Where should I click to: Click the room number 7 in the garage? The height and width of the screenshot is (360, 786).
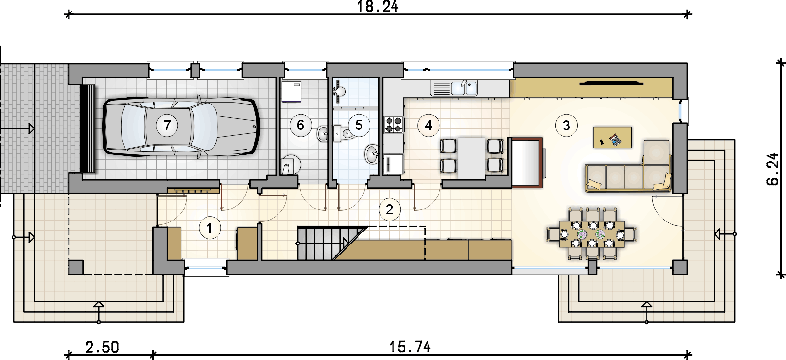pos(167,125)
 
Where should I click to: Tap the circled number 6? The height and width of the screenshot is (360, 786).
pos(301,125)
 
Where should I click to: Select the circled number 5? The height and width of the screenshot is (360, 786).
pos(358,125)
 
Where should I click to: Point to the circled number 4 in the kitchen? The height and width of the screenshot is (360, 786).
pos(428,125)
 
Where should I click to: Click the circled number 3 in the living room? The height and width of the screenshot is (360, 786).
pos(566,125)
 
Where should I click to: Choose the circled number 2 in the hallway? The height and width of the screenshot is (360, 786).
pos(390,209)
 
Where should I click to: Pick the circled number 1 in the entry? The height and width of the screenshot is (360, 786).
pos(210,228)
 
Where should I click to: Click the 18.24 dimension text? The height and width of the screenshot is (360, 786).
pos(378,6)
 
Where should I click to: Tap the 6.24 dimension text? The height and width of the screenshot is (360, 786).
pos(773,169)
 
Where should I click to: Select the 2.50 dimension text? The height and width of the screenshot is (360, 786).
pos(102,347)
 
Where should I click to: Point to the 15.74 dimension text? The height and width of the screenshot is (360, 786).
pos(409,347)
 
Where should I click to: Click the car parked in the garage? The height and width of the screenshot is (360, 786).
pos(181,126)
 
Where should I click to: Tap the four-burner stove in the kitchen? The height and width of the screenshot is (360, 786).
pos(393,125)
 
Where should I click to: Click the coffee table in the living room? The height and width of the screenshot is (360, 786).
pos(613,137)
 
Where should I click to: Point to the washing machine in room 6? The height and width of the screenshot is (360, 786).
pos(291,92)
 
